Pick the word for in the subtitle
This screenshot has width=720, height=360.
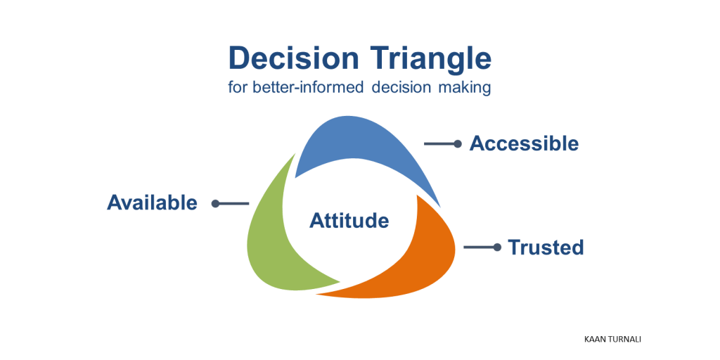[240, 89]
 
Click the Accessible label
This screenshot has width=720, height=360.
[524, 143]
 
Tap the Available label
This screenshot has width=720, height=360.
[152, 202]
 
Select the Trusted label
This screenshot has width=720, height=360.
[546, 247]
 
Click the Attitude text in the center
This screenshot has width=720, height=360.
[349, 221]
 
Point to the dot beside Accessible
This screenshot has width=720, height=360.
[457, 143]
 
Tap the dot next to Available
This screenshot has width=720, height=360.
[216, 203]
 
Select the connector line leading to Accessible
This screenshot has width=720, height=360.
[439, 143]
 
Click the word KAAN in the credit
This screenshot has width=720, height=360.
[596, 339]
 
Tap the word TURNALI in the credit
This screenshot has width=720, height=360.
[626, 339]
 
